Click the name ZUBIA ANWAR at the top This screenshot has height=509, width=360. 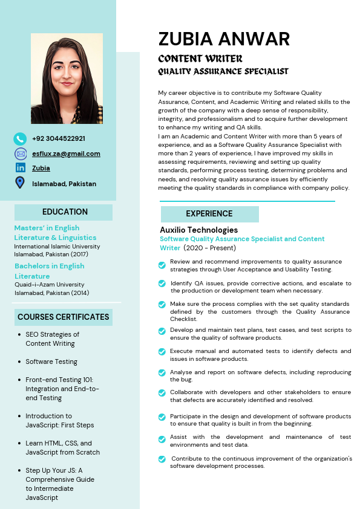point(224,39)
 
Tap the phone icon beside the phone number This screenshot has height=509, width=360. point(20,138)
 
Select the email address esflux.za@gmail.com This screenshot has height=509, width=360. point(66,154)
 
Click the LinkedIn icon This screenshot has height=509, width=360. point(20,168)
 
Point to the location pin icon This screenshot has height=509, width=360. point(20,183)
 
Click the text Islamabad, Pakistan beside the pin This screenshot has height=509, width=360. point(64,184)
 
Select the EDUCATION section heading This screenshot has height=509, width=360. point(65,212)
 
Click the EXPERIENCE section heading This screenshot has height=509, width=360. point(209,213)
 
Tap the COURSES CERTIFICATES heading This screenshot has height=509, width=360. point(64,317)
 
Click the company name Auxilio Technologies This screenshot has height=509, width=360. point(198,230)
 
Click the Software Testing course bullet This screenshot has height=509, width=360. point(51,361)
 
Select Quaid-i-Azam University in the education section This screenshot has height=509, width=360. point(49,285)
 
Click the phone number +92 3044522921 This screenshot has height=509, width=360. point(59,138)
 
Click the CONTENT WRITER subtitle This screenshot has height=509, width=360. point(200,59)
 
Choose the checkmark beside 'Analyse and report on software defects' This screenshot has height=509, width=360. point(162,373)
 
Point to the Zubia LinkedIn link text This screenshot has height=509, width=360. point(41,168)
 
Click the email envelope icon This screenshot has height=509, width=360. point(20,154)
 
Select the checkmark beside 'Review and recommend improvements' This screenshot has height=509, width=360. point(162,265)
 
